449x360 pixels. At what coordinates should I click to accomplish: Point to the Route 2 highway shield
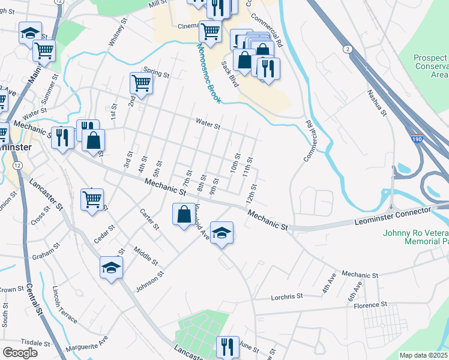347,48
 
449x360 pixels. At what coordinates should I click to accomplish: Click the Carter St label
149,220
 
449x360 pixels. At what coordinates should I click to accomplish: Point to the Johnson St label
149,281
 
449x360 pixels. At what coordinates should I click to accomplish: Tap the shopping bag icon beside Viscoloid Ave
183,214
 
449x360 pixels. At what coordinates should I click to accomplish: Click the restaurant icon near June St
228,346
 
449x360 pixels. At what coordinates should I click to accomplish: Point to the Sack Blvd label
230,74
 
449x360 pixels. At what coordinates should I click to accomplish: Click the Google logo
20,353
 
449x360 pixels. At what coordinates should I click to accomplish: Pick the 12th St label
252,193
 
